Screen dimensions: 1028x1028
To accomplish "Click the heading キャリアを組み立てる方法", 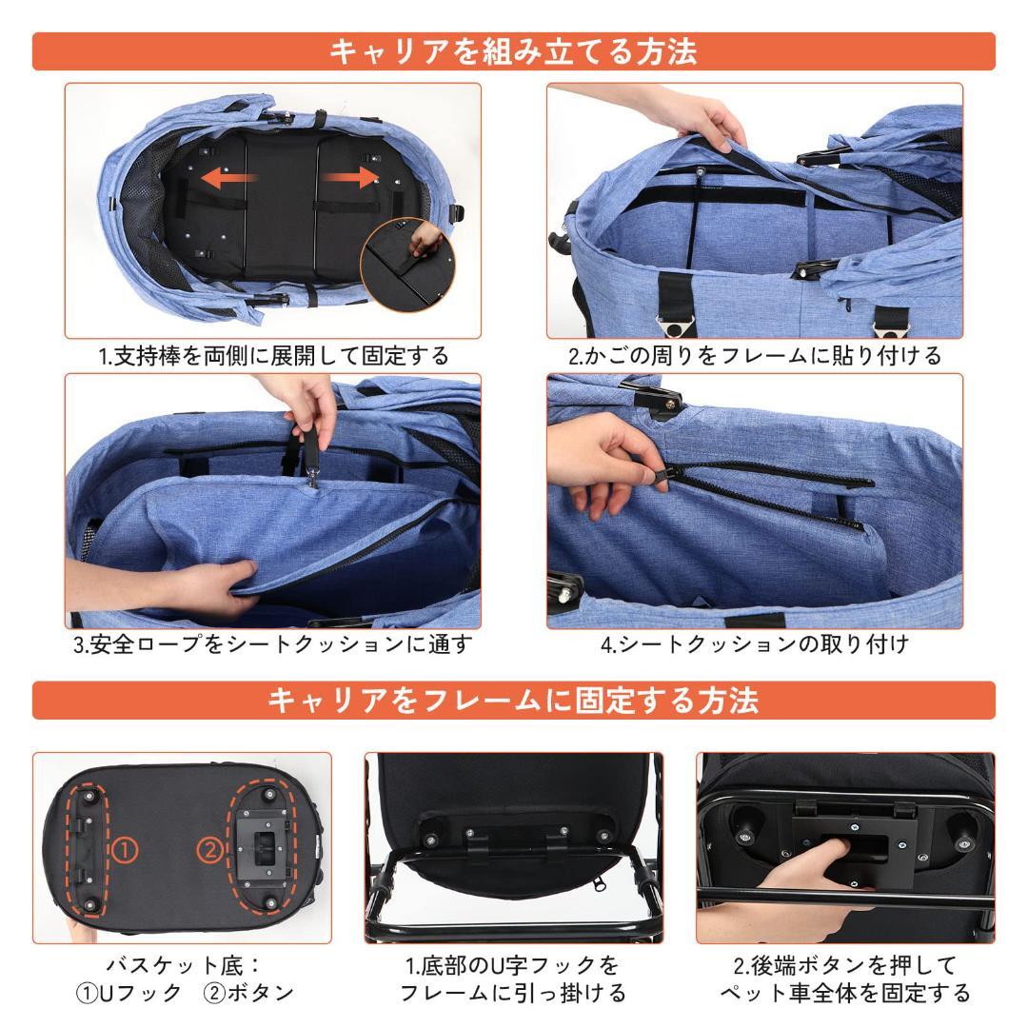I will pyautogui.click(x=514, y=51).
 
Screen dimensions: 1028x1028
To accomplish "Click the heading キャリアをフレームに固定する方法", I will pyautogui.click(x=514, y=701).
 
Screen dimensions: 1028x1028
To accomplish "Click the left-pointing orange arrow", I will pyautogui.click(x=227, y=178).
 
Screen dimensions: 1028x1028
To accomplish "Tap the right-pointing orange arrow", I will pyautogui.click(x=348, y=178).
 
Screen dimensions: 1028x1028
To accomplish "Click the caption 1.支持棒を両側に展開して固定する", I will pyautogui.click(x=274, y=356).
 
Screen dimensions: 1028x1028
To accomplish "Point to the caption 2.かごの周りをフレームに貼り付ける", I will pyautogui.click(x=755, y=356).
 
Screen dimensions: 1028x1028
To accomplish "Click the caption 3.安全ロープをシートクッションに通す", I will pyautogui.click(x=274, y=644).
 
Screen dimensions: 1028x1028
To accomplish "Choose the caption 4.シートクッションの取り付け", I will pyautogui.click(x=755, y=644).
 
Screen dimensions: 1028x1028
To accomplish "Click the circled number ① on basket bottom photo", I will pyautogui.click(x=125, y=847).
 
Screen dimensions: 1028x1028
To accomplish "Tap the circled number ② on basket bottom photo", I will pyautogui.click(x=208, y=847).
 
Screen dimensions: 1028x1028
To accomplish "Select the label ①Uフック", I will pyautogui.click(x=128, y=994).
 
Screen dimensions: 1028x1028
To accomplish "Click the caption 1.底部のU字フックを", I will pyautogui.click(x=513, y=965).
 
